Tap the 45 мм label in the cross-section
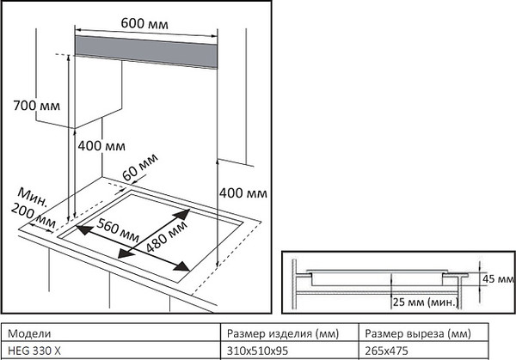pyautogui.click(x=499, y=278)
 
